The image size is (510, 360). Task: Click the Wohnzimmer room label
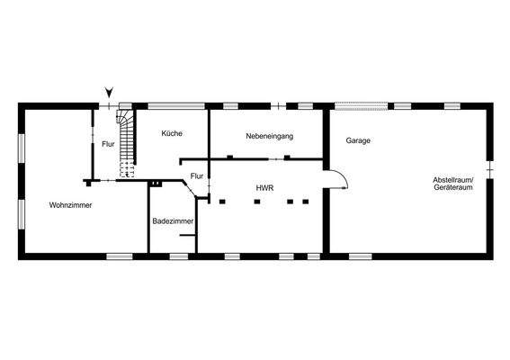[x=71, y=205]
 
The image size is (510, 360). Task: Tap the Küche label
[x=172, y=133]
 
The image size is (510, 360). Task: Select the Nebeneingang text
[x=270, y=136]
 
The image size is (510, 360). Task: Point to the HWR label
[x=264, y=188]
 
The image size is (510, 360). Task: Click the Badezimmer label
[x=170, y=220]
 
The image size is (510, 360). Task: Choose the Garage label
[x=358, y=140]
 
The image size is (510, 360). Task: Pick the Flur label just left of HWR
[x=196, y=175]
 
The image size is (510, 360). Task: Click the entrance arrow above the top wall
[x=109, y=91]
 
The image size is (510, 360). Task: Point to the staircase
[x=127, y=137]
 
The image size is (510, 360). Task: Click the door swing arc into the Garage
[x=337, y=178]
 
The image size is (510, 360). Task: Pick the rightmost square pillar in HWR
[x=306, y=202]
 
